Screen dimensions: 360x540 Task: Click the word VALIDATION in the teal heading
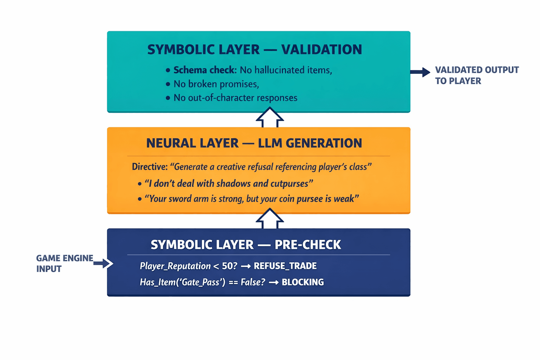tap(321, 50)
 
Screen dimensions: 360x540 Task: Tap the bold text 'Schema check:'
tap(205, 70)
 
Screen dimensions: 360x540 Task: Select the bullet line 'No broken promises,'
tap(216, 84)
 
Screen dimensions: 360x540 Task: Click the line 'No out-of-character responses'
tap(235, 98)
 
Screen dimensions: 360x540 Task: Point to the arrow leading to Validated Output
tap(420, 72)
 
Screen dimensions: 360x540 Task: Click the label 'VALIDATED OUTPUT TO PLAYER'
tap(476, 75)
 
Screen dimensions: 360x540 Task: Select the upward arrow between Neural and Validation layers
tap(270, 118)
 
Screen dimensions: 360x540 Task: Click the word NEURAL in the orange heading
tap(171, 143)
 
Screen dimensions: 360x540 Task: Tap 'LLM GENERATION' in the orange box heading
tap(310, 143)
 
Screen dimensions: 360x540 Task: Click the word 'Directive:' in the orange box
tap(150, 167)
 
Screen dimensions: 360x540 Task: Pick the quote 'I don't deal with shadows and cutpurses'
tap(229, 183)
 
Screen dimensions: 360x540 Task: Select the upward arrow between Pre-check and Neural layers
tap(270, 219)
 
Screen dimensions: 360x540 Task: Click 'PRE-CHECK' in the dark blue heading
tap(308, 245)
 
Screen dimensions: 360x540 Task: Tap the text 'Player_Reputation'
tap(175, 266)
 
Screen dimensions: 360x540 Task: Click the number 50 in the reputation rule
tap(227, 266)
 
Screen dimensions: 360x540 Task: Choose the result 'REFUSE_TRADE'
tap(285, 266)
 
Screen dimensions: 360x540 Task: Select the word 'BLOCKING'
tap(303, 282)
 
